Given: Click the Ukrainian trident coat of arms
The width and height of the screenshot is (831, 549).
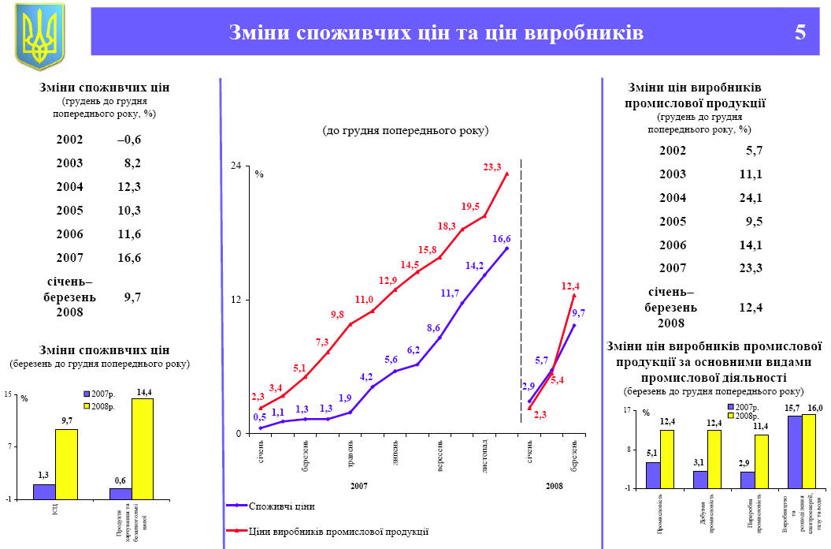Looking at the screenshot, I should [x=39, y=36].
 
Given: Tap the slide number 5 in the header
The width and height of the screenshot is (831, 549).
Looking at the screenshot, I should [x=800, y=32].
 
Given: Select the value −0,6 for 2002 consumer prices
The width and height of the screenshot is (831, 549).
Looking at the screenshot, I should [x=128, y=140].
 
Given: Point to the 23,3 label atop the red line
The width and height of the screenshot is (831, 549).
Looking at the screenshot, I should [x=492, y=166].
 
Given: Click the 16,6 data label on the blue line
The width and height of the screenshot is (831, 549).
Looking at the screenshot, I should [x=502, y=238].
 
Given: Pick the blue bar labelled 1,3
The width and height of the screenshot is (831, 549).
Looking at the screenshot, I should [x=44, y=491].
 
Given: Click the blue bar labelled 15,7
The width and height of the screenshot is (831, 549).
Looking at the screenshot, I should [x=794, y=451].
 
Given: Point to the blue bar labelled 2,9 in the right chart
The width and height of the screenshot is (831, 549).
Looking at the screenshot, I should [x=748, y=480].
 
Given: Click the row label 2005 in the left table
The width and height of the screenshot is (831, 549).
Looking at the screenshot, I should [x=69, y=211].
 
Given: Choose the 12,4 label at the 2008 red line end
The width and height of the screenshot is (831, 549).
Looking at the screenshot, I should [x=570, y=286].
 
